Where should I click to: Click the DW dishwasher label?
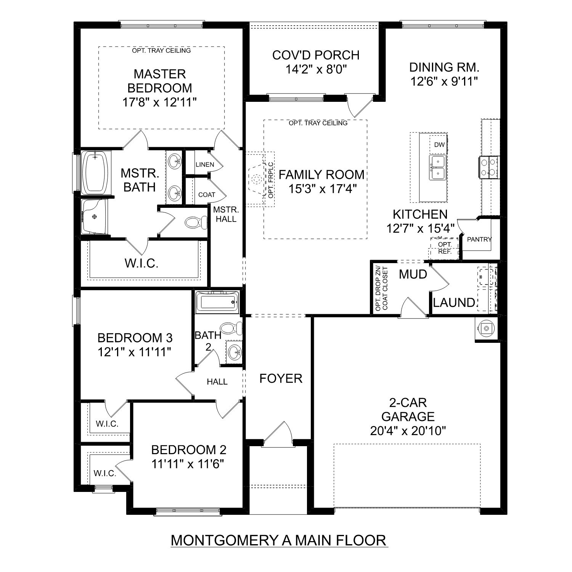(x=439, y=145)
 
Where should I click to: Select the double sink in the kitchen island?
(x=438, y=167)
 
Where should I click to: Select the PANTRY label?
(x=479, y=239)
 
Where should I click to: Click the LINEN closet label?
(x=205, y=165)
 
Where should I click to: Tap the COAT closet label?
(x=207, y=195)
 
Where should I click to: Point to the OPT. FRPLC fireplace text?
(x=271, y=180)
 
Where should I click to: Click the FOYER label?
(x=281, y=378)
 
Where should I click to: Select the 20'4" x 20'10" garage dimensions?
(x=408, y=431)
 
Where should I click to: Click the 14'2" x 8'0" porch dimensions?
(x=316, y=69)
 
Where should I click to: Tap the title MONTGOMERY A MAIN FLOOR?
(x=279, y=540)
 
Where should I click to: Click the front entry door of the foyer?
(x=277, y=433)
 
